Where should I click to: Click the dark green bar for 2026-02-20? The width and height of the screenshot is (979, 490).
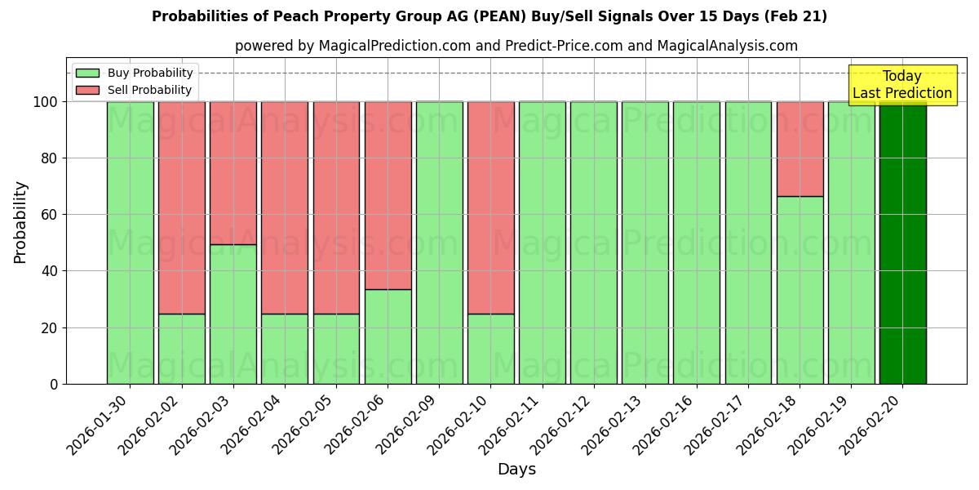[x=902, y=243]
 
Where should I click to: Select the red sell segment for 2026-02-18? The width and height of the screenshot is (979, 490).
[x=800, y=149]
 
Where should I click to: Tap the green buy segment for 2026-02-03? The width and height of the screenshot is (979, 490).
[x=233, y=314]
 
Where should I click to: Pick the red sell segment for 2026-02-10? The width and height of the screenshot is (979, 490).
[x=490, y=207]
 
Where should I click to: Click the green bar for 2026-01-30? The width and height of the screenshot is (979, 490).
[x=130, y=243]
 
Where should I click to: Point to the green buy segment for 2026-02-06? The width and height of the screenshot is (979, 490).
[x=388, y=336]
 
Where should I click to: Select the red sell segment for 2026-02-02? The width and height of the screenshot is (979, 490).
[x=182, y=207]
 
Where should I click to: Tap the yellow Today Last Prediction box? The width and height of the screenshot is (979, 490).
[x=901, y=85]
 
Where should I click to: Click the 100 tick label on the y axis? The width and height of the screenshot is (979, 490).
[x=45, y=102]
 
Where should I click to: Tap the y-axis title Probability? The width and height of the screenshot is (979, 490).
[x=20, y=222]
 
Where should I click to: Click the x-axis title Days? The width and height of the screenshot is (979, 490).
[x=516, y=470]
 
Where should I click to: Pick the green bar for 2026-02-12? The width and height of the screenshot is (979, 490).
[x=594, y=243]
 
